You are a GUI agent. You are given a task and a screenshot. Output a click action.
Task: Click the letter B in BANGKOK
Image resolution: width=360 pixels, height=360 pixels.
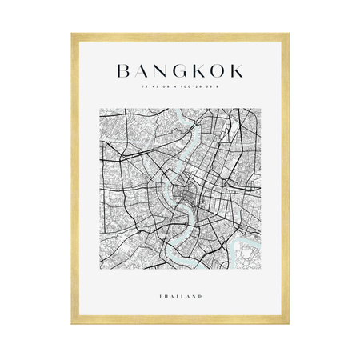122,71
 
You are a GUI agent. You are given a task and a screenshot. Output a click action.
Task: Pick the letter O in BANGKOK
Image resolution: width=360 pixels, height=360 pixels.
220,71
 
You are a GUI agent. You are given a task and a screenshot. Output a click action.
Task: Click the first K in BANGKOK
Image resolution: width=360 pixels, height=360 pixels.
200,71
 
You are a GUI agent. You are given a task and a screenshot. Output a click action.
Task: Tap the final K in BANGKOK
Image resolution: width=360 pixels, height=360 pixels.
239,71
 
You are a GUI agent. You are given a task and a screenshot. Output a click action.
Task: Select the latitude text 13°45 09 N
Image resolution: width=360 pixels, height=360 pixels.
159,88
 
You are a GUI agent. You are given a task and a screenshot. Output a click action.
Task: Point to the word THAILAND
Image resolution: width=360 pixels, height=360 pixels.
180,297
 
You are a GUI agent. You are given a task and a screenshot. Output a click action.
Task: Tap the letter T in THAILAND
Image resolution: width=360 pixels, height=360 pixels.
161,297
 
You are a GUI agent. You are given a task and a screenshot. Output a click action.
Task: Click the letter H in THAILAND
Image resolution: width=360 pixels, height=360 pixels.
166,297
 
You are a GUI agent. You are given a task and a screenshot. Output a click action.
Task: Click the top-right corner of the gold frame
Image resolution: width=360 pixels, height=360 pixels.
288,34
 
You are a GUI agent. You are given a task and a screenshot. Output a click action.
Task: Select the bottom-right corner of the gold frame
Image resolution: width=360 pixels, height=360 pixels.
288,324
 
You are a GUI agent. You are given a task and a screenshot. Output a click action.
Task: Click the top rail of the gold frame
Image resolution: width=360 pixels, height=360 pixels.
180,36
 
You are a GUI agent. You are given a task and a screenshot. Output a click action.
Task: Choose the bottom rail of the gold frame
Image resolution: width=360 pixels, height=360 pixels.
180,322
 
